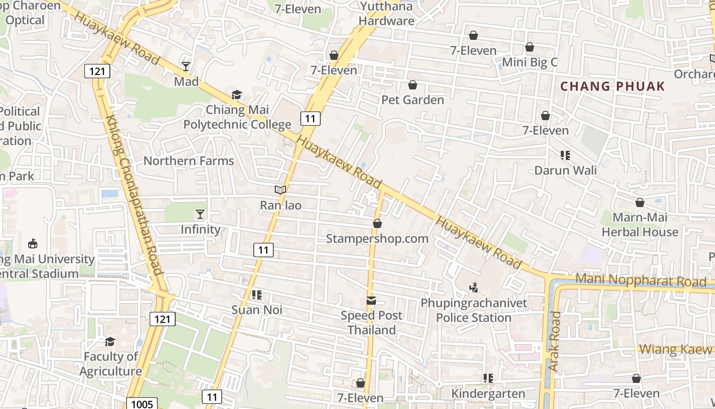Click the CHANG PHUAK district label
tap(613, 86)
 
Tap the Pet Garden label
tap(413, 100)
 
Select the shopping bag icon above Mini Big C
tap(530, 48)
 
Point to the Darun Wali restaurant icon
tap(565, 155)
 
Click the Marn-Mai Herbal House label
tap(640, 225)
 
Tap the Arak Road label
tap(554, 342)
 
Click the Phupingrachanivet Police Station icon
tap(474, 288)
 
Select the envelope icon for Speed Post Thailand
tap(371, 301)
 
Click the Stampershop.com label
tap(377, 239)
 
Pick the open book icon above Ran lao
tap(280, 190)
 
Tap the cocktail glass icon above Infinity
tap(200, 214)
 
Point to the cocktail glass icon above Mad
tap(186, 66)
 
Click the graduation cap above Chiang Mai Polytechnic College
tap(236, 95)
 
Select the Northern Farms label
tap(188, 161)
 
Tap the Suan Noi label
tap(257, 310)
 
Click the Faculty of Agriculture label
tap(110, 364)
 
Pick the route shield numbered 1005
tap(141, 404)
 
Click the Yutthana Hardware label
tap(387, 14)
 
